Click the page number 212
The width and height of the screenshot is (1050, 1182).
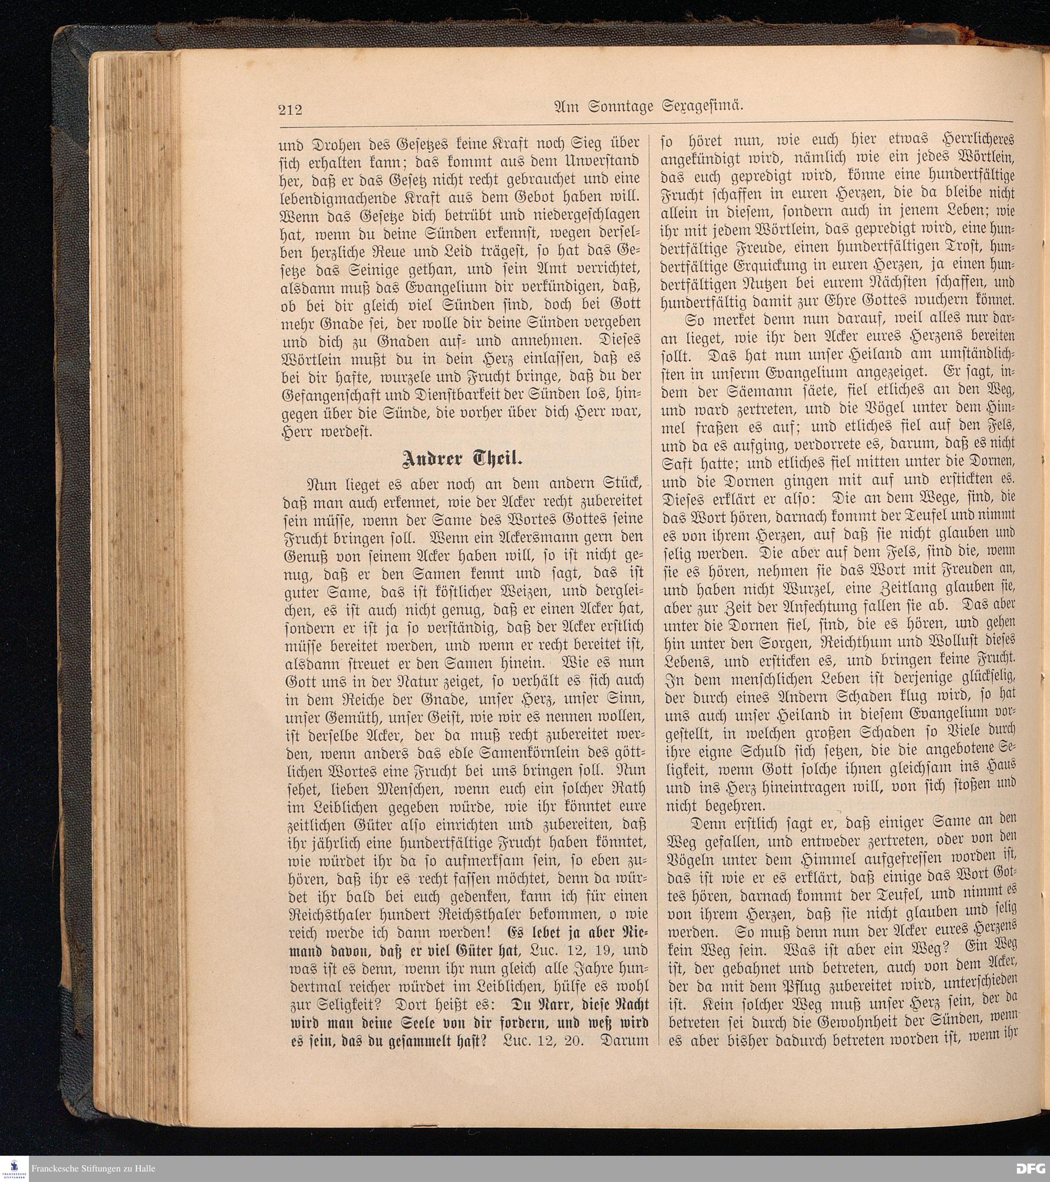tap(290, 109)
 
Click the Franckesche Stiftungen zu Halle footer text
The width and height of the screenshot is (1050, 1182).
tap(93, 1168)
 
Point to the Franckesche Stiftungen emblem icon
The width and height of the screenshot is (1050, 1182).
tap(14, 1168)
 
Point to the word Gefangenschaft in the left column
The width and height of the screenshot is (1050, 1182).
tap(332, 396)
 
